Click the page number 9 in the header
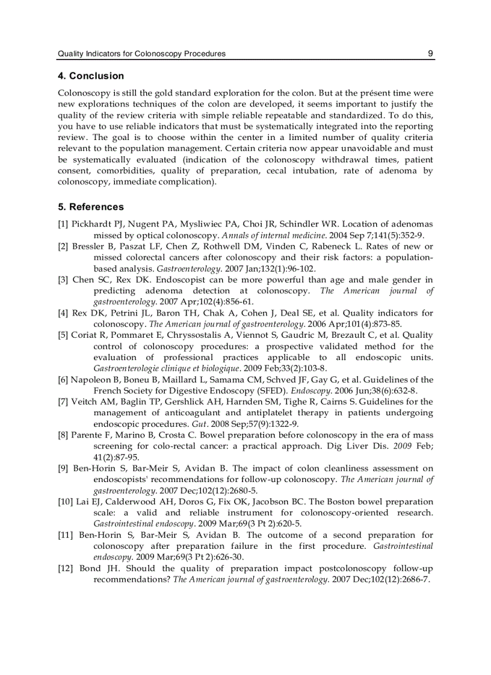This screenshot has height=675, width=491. pos(430,53)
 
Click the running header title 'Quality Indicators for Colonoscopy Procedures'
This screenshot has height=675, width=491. pos(141,53)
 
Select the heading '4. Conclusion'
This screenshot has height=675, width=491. pos(91,76)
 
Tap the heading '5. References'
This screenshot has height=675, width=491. pos(91,207)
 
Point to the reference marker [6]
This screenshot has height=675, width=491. pos(63,380)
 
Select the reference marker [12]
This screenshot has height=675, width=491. pos(66,569)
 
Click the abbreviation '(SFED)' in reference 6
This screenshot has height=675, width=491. pos(272,391)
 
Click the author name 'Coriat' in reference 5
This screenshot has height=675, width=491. pos(85,335)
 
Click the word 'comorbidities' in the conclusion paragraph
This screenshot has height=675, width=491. pos(124,171)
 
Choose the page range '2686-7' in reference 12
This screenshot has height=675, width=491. pos(416,579)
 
